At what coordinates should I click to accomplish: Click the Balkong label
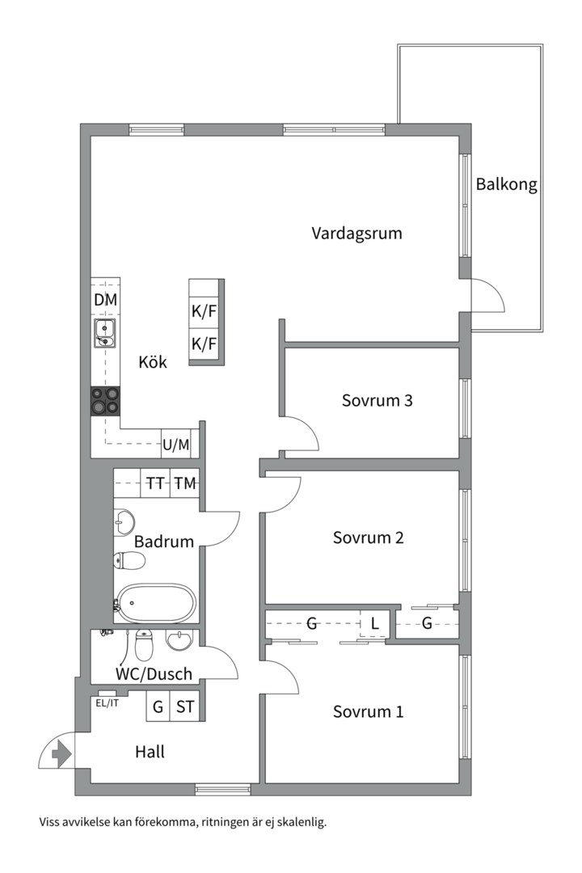pyautogui.click(x=506, y=184)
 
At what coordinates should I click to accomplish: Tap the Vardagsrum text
pyautogui.click(x=356, y=234)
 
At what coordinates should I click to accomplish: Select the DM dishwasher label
pyautogui.click(x=105, y=300)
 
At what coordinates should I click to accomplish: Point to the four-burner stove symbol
pyautogui.click(x=105, y=400)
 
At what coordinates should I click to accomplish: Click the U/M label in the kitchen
pyautogui.click(x=175, y=444)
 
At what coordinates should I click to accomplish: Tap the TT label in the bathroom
pyautogui.click(x=155, y=483)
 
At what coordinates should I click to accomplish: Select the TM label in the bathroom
pyautogui.click(x=185, y=483)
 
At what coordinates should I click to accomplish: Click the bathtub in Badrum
pyautogui.click(x=156, y=602)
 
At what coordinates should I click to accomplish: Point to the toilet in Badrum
pyautogui.click(x=129, y=560)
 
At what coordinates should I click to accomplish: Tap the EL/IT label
pyautogui.click(x=107, y=702)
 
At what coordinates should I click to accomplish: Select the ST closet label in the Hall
pyautogui.click(x=185, y=707)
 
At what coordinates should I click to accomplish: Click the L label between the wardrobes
pyautogui.click(x=374, y=623)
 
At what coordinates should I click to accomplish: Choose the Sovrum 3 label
pyautogui.click(x=377, y=400)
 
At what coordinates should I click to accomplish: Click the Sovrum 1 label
pyautogui.click(x=368, y=712)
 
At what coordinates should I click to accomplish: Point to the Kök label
pyautogui.click(x=152, y=362)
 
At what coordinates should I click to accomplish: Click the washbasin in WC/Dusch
pyautogui.click(x=179, y=641)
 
